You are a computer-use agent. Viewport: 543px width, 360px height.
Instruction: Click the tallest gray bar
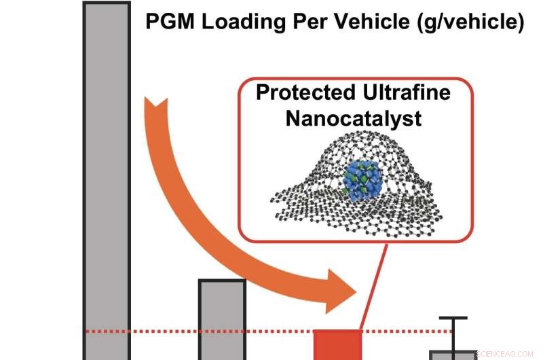(107, 177)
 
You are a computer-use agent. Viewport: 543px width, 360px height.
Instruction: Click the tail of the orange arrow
(155, 109)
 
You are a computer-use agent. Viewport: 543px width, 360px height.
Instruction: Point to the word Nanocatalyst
(353, 118)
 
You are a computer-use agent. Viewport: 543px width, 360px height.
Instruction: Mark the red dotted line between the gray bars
(163, 331)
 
